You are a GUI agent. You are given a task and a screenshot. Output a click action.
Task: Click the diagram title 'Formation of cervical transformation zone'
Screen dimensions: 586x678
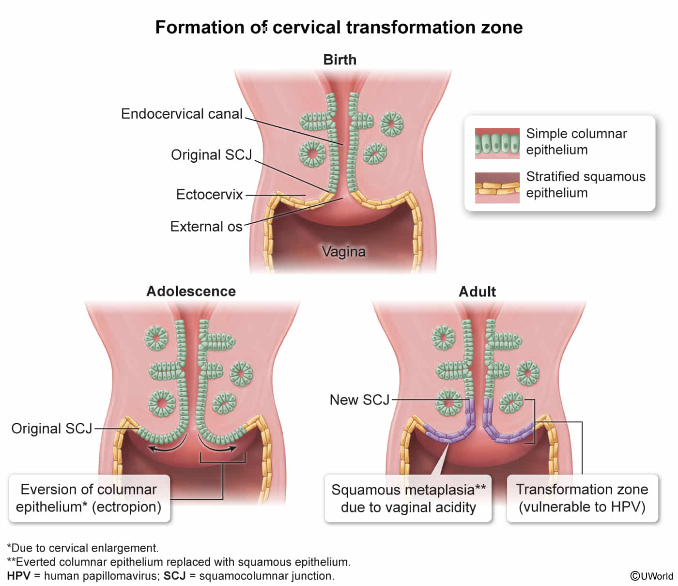click(x=339, y=27)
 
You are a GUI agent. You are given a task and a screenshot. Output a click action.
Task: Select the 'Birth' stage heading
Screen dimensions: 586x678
click(x=339, y=60)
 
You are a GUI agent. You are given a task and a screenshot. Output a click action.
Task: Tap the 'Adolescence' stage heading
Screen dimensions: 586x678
click(x=191, y=291)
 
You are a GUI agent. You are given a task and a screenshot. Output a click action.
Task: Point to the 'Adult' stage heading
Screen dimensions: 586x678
click(x=477, y=292)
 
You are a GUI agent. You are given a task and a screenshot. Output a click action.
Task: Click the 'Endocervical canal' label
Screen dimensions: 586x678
click(x=182, y=114)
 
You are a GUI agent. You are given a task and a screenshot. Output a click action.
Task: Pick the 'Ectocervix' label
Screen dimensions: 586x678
click(x=209, y=194)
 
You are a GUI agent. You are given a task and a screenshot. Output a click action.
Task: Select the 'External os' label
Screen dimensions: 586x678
click(x=206, y=226)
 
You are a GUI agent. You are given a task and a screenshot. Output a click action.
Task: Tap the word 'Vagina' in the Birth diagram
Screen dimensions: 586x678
click(x=343, y=251)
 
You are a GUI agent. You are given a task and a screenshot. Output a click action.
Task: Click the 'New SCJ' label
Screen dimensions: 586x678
click(x=359, y=400)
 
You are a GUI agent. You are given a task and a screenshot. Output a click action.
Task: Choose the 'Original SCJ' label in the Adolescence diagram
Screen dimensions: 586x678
click(x=52, y=428)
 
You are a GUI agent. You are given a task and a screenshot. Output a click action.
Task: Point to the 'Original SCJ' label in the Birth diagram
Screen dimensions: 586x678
click(x=212, y=154)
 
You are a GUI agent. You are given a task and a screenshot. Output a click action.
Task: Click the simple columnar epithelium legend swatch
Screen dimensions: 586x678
click(x=497, y=143)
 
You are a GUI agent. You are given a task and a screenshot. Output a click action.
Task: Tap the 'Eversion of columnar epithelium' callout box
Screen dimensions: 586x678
click(x=89, y=498)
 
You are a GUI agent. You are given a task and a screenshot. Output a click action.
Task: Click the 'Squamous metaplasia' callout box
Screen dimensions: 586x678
click(x=408, y=498)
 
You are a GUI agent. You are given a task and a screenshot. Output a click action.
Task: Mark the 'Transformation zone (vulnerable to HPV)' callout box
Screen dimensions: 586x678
click(x=582, y=498)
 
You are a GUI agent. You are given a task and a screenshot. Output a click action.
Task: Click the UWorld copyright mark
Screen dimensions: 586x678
click(x=651, y=576)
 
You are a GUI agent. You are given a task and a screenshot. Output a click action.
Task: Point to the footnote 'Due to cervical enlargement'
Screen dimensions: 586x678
click(x=83, y=548)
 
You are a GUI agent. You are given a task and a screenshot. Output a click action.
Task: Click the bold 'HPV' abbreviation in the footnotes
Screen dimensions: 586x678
click(x=18, y=576)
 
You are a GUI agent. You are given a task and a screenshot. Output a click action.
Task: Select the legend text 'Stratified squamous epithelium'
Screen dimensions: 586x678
click(x=586, y=185)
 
